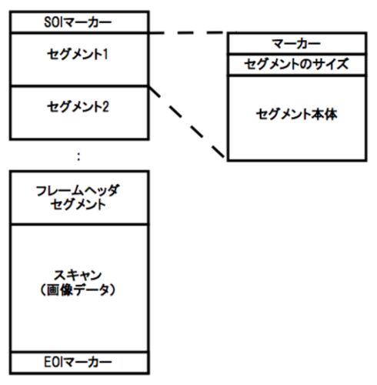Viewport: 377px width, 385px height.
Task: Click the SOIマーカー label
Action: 78,22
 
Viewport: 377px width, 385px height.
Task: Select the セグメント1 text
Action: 78,55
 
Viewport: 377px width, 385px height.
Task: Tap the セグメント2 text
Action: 78,107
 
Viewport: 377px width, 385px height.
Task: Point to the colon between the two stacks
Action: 78,156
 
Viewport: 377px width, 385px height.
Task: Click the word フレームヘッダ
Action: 78,191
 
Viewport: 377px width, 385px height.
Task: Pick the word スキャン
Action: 78,276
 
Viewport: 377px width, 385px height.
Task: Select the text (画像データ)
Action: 78,290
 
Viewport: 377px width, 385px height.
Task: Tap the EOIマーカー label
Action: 78,362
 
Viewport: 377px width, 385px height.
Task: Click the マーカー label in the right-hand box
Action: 296,44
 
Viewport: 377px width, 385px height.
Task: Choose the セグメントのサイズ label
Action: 296,64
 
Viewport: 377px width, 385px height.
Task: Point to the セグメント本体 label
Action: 296,114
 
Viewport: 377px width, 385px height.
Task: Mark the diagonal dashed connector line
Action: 187,122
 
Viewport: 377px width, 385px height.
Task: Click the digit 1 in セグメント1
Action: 105,55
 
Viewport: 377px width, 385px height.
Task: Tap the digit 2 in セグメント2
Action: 105,107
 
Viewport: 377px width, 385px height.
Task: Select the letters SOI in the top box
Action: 53,22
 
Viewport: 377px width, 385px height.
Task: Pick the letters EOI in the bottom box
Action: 53,362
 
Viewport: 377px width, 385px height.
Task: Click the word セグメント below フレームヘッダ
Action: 78,205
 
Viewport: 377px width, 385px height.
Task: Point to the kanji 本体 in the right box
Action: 325,114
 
